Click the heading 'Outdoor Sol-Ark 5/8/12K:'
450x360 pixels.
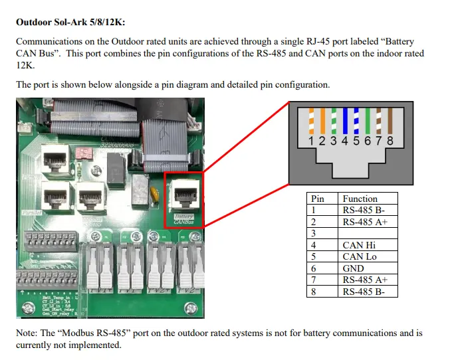pos(70,21)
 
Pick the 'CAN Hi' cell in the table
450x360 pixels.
pos(359,245)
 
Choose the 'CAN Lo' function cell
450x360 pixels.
pos(359,256)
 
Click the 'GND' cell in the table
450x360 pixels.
pos(353,268)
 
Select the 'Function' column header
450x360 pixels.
pos(360,199)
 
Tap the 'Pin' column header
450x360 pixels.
pos(318,199)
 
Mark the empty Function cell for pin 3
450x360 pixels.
pos(368,233)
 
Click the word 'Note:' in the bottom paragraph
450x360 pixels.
pos(28,333)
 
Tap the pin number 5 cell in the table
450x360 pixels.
pos(313,256)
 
